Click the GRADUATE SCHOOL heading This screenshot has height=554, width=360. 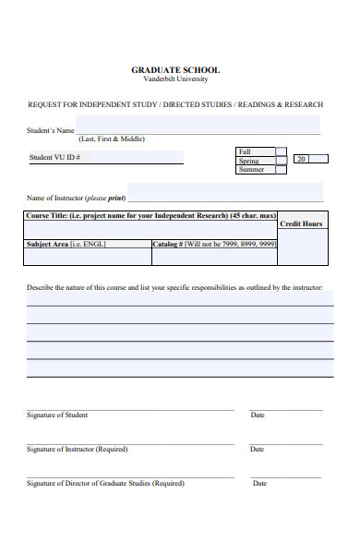[x=175, y=70]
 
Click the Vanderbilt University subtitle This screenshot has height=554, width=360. [x=175, y=79]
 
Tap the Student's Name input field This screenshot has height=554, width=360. [x=198, y=126]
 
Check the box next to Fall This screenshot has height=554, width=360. [x=281, y=151]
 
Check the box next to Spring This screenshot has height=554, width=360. [x=281, y=161]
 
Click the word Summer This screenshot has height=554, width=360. [x=251, y=170]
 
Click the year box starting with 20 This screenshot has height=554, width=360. [x=310, y=160]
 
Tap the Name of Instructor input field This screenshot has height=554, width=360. [x=224, y=192]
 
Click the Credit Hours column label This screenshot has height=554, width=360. [x=301, y=224]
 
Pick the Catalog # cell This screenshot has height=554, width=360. [x=213, y=245]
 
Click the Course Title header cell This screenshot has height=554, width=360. [x=150, y=215]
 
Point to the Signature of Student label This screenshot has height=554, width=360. [x=57, y=415]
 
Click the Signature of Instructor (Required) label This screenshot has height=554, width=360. [x=77, y=450]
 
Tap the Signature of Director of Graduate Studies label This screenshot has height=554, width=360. [x=104, y=483]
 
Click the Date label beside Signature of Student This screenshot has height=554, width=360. [x=258, y=415]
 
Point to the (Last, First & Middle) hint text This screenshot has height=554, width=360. [x=111, y=139]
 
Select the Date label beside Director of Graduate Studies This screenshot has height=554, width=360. [x=259, y=483]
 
